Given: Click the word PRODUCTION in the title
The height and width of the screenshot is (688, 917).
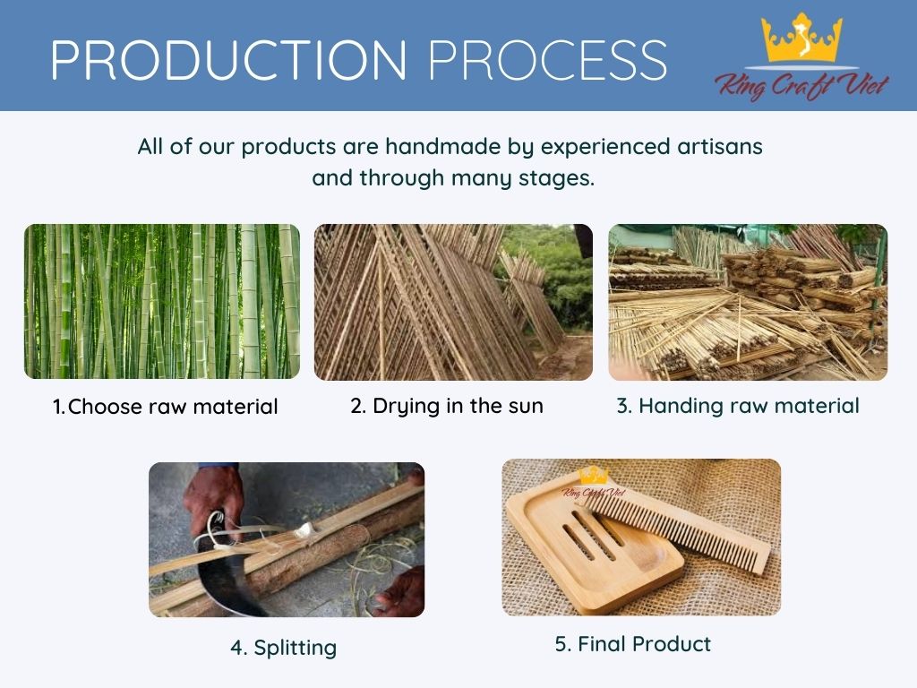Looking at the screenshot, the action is coord(228,60).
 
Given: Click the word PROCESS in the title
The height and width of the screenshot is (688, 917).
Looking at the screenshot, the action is coord(547,60).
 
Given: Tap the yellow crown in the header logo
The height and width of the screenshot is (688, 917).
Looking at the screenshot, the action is coord(801,38).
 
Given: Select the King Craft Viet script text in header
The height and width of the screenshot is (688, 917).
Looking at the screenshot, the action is coord(801,85).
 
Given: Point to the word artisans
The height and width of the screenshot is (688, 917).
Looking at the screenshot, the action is coord(720,146).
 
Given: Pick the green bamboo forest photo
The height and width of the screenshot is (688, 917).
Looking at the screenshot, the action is coord(162,301).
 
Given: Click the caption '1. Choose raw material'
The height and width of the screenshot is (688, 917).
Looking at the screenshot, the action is coord(165,407).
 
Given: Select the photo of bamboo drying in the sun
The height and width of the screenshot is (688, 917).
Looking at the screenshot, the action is coord(453,302).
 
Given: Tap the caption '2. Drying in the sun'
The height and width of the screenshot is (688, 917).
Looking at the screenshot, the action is coord(447,406).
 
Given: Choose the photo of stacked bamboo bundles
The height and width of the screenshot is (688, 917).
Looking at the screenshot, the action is coord(748,302).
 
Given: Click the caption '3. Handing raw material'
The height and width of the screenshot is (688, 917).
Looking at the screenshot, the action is coord(738,406).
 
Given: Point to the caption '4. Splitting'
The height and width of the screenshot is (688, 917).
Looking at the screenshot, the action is coord(284,648).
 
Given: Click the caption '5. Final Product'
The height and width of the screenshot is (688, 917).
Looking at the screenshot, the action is coord(633,644).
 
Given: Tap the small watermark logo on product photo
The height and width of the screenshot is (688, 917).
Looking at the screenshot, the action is coord(594,483).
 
